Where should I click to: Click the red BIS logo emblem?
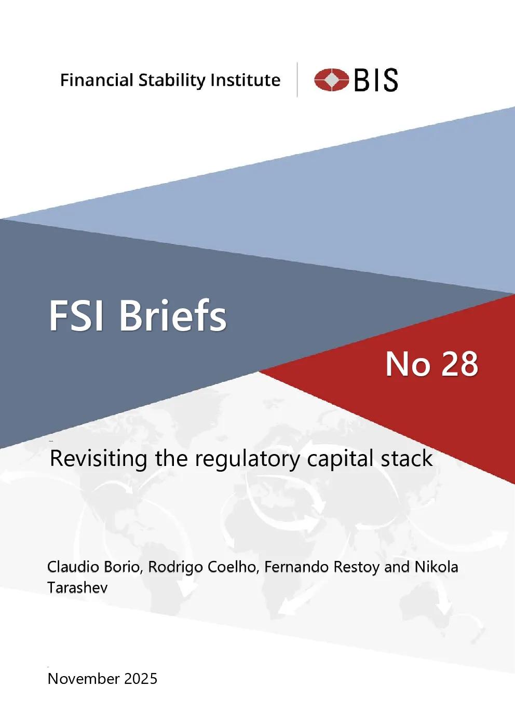click(331, 79)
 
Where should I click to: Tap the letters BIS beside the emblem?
click(376, 80)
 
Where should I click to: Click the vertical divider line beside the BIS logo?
click(297, 79)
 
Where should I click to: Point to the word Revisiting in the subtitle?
click(99, 458)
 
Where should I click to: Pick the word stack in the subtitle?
click(406, 458)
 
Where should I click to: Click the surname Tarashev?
click(77, 587)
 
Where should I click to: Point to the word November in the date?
click(84, 679)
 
